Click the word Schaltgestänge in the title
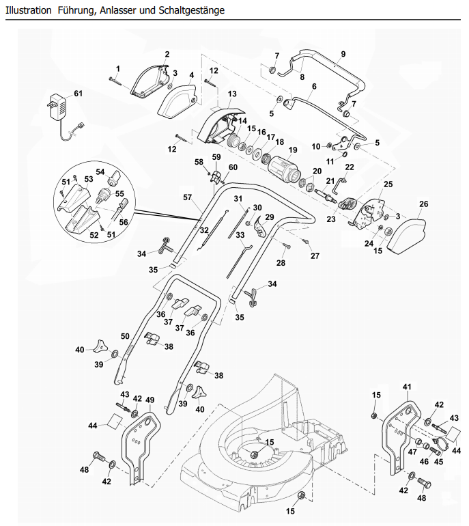point(191,10)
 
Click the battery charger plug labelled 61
point(59,107)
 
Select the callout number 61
point(78,94)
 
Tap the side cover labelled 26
point(406,235)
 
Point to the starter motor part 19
point(284,167)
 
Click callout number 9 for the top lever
point(343,54)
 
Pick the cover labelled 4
point(177,98)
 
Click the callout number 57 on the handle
point(188,197)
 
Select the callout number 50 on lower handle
point(125,336)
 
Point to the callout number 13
point(232,94)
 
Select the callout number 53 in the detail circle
point(89,179)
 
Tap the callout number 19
point(293,150)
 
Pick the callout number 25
point(388,184)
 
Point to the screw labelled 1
point(115,80)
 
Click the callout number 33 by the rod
point(240,235)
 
